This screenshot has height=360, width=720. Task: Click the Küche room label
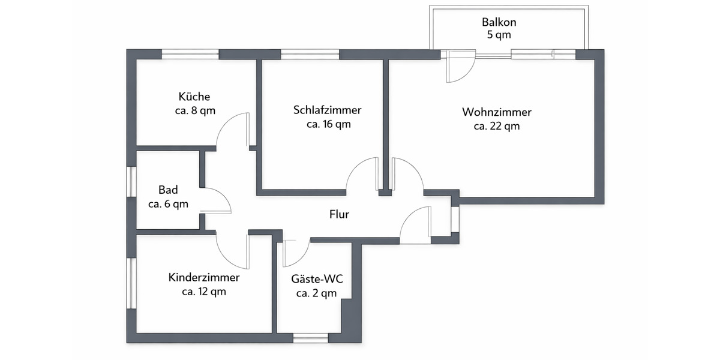tap(194, 97)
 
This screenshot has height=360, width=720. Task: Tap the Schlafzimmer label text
tap(327, 110)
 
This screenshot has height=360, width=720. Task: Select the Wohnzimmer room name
tap(496, 112)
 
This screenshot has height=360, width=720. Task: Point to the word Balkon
tap(499, 22)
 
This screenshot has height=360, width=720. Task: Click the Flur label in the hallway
tap(339, 214)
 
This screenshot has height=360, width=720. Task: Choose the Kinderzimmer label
tap(204, 278)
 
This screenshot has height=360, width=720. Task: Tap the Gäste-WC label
tap(316, 279)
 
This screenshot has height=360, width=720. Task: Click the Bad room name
tap(168, 190)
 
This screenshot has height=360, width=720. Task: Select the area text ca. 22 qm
tap(496, 127)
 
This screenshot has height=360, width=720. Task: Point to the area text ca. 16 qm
tap(328, 125)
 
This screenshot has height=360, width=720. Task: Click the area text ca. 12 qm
tap(204, 292)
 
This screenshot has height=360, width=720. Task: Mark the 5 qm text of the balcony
tap(499, 35)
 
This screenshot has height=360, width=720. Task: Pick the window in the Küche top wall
tap(190, 55)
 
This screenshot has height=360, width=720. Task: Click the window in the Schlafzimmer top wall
tap(310, 55)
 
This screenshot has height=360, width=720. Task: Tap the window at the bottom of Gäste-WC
tap(310, 338)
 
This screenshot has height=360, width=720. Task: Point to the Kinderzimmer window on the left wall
tap(131, 283)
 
